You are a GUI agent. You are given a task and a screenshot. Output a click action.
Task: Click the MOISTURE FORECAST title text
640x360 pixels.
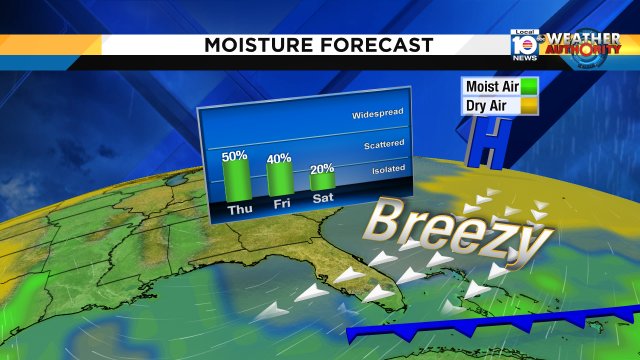(x=319, y=45)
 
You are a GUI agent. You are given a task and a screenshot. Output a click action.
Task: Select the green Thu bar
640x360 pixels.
(x=235, y=180)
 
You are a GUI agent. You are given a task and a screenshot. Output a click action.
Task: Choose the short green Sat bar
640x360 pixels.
(x=322, y=182)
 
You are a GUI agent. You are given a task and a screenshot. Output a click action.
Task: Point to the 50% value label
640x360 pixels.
(x=235, y=156)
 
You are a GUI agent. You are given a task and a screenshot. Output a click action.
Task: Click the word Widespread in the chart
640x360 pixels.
(x=377, y=115)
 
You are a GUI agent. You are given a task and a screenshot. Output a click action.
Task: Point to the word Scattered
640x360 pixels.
(x=381, y=146)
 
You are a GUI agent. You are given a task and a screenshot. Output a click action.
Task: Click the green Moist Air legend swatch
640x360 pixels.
(x=528, y=87)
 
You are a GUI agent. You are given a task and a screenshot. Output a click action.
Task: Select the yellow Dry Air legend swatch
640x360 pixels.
(x=528, y=105)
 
